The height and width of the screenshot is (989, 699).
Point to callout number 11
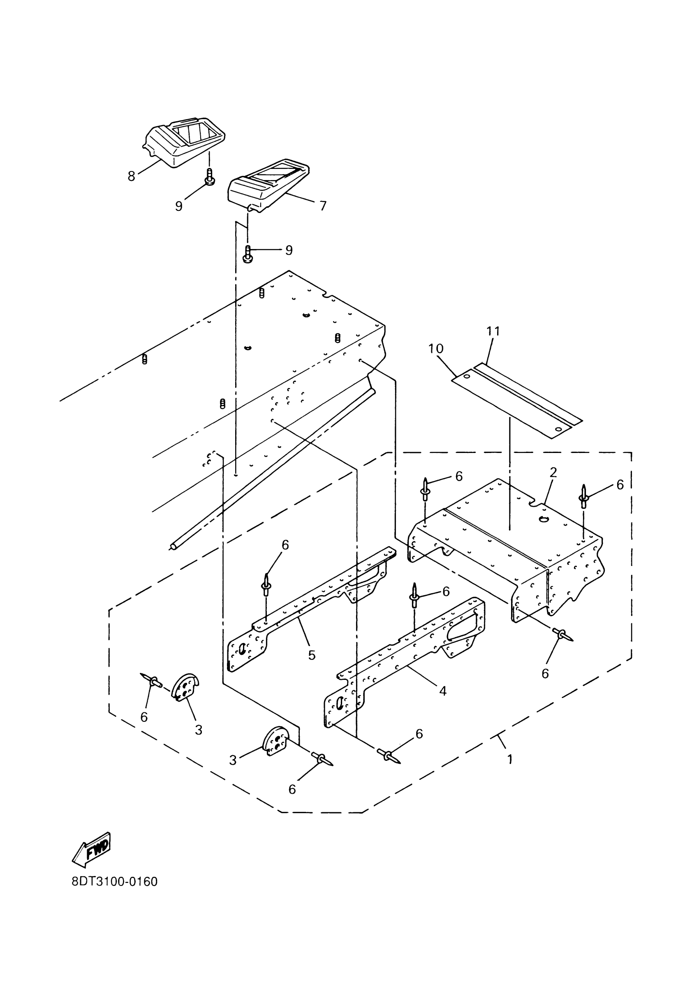click(x=493, y=331)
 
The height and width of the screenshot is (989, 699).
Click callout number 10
click(x=436, y=349)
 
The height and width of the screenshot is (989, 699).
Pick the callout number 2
click(x=553, y=473)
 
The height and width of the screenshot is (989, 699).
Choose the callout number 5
click(x=312, y=655)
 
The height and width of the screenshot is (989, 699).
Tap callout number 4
click(x=442, y=691)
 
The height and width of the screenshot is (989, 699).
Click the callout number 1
click(x=510, y=758)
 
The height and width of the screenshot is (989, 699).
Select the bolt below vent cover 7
click(x=248, y=254)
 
